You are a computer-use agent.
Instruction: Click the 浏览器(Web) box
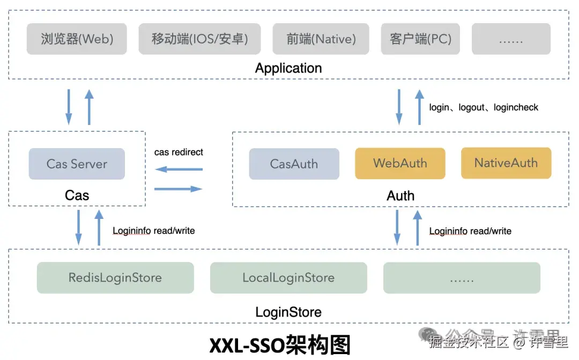[77, 39]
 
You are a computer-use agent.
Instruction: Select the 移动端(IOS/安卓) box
[199, 39]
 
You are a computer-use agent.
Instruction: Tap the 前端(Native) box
[321, 39]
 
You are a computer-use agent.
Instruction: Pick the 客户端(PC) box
[420, 39]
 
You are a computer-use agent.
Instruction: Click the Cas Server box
[77, 164]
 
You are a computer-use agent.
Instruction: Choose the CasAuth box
[294, 164]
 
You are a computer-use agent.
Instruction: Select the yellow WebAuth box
[400, 163]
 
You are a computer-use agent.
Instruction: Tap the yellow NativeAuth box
[506, 163]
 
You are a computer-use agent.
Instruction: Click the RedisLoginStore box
[115, 278]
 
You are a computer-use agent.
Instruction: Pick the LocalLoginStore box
[288, 278]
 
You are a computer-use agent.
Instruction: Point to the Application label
[288, 68]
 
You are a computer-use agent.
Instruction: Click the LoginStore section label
[288, 312]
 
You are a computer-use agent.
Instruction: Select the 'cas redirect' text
[179, 152]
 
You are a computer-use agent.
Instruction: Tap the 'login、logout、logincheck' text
[484, 107]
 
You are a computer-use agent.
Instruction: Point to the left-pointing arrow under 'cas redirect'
[179, 170]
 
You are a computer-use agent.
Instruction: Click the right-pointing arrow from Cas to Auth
[179, 189]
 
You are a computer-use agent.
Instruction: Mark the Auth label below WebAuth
[400, 196]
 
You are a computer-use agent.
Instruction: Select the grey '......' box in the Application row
[510, 39]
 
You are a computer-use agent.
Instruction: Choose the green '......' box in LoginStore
[462, 278]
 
